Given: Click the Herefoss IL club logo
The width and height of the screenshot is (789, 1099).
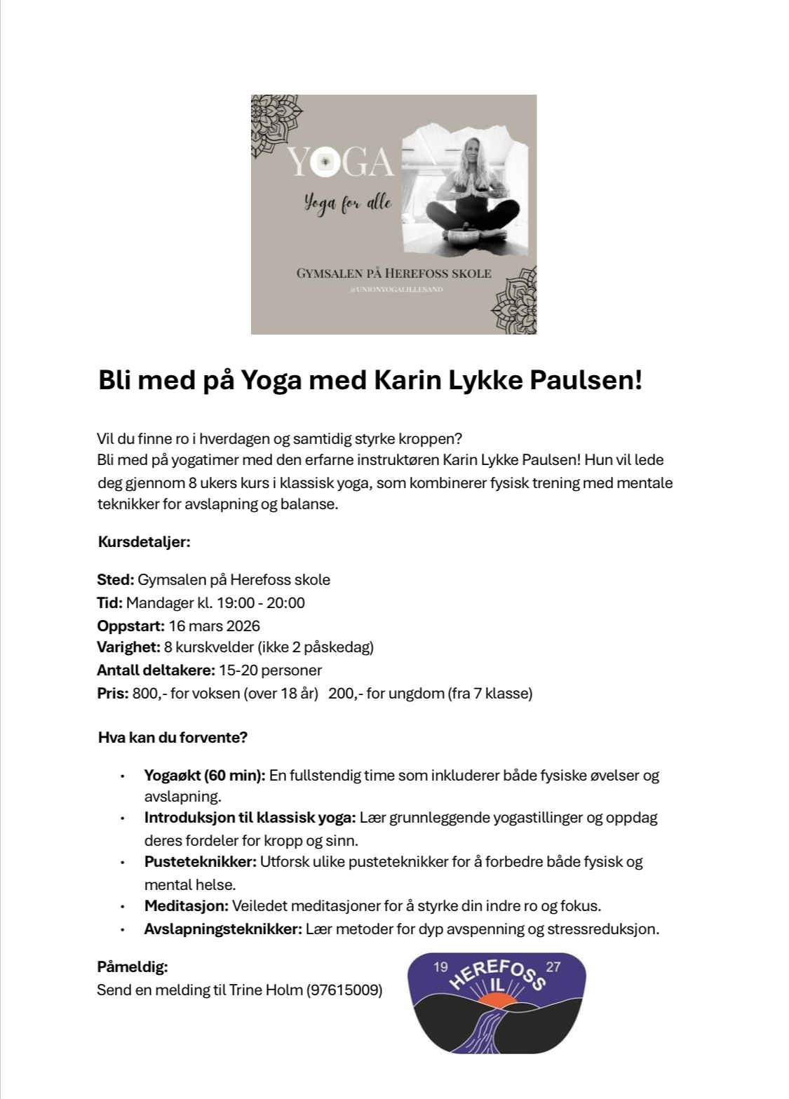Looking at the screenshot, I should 497,1002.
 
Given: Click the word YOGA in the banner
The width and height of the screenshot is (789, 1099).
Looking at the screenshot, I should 340,163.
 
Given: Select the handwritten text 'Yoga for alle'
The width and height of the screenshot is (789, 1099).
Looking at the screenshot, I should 347,204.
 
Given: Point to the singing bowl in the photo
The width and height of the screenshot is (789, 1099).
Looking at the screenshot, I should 461,232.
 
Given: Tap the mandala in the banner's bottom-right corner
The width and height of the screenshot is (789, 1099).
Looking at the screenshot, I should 516,302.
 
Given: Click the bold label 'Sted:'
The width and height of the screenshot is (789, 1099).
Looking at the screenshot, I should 115,580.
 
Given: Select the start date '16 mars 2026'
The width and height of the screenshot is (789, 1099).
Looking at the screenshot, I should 215,626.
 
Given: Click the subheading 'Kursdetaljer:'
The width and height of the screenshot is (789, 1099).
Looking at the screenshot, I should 144,542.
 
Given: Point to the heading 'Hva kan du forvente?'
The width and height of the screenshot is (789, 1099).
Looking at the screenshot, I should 173,738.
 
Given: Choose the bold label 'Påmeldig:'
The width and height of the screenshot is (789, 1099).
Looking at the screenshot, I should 132,967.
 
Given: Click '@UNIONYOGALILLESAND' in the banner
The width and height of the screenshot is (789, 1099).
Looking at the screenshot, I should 396,289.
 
